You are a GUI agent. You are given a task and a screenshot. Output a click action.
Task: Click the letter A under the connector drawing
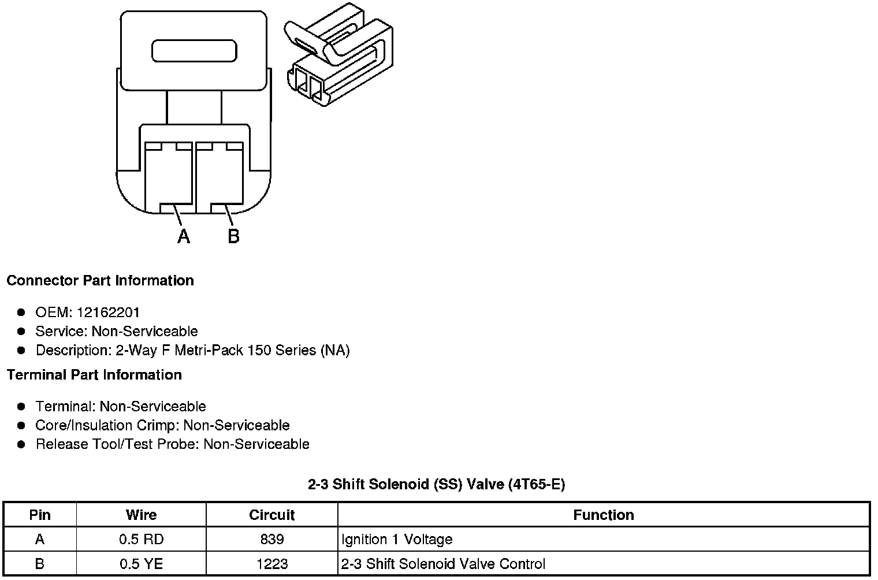184,236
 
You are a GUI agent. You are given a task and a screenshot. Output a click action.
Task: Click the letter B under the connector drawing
233,236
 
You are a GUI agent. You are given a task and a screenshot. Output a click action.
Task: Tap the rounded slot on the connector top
194,51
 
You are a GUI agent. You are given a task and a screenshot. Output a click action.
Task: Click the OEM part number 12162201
108,313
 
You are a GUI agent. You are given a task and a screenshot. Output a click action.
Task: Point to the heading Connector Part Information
100,281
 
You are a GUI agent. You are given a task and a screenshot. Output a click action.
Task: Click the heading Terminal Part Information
94,375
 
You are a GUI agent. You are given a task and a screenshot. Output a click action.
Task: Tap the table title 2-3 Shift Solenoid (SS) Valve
436,485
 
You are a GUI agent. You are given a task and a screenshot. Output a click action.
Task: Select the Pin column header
40,515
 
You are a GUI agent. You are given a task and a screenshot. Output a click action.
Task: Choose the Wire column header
141,515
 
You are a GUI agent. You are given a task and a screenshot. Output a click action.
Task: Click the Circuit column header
271,515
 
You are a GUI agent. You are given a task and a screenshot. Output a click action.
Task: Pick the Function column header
603,515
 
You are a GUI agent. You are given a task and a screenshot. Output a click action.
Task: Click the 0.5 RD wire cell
141,540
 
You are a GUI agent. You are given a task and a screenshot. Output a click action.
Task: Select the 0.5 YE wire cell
141,564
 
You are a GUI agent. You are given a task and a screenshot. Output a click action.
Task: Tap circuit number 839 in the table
271,540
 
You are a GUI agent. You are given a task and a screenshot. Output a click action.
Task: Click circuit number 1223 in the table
271,564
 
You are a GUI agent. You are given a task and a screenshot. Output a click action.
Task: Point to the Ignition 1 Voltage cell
397,540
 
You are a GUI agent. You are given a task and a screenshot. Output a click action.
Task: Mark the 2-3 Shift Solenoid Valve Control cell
443,564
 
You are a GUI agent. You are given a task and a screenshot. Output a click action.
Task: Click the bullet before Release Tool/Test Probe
21,444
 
